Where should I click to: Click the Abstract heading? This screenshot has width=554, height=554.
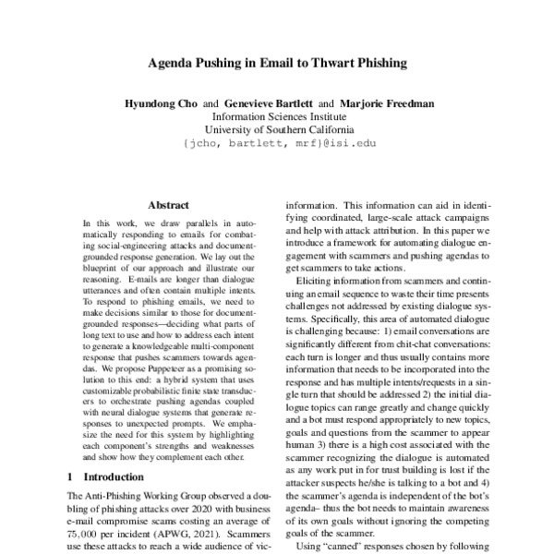tap(167, 205)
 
